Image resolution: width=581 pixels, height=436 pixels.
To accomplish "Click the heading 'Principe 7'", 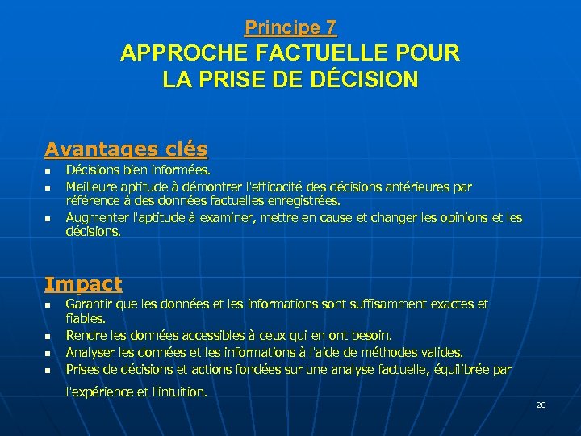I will click(290, 27).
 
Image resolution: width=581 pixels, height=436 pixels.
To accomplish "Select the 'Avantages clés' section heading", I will click(126, 149).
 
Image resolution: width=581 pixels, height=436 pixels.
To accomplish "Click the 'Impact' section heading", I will click(83, 284).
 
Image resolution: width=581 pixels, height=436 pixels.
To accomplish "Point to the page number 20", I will click(541, 404).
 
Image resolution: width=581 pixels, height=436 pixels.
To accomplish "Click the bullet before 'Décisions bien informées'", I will click(48, 171).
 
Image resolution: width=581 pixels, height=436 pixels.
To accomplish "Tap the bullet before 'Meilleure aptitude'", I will click(48, 187).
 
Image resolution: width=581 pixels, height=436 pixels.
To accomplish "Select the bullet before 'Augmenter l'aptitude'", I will click(48, 218).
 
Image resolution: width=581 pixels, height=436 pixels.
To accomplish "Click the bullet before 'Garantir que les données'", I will click(48, 305).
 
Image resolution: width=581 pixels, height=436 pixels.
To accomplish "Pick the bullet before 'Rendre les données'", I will click(48, 336).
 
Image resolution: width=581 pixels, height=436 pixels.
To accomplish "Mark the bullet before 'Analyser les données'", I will click(48, 353).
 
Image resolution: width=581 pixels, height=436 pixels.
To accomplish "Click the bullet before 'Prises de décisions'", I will click(48, 370).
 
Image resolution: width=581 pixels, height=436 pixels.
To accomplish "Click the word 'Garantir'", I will click(88, 304).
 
